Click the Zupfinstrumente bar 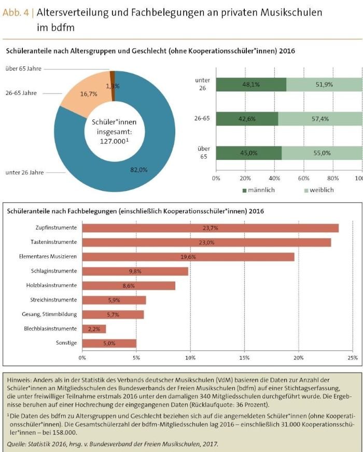click(211, 228)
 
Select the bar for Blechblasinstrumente click(94, 329)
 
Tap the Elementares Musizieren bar click(188, 257)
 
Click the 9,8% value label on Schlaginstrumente click(135, 271)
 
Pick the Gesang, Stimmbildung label click(51, 314)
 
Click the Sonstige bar click(109, 343)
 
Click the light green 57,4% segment click(320, 119)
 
